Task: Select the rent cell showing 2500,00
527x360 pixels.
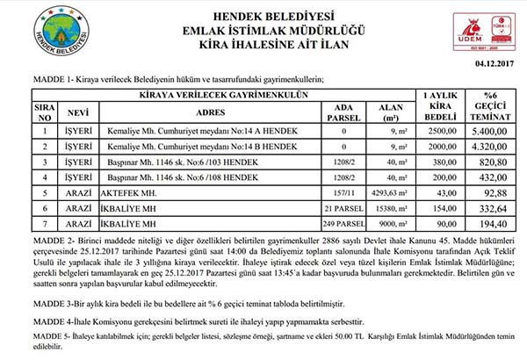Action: coord(437,129)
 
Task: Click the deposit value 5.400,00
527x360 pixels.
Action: coord(491,129)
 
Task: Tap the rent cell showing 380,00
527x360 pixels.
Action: coord(437,162)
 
